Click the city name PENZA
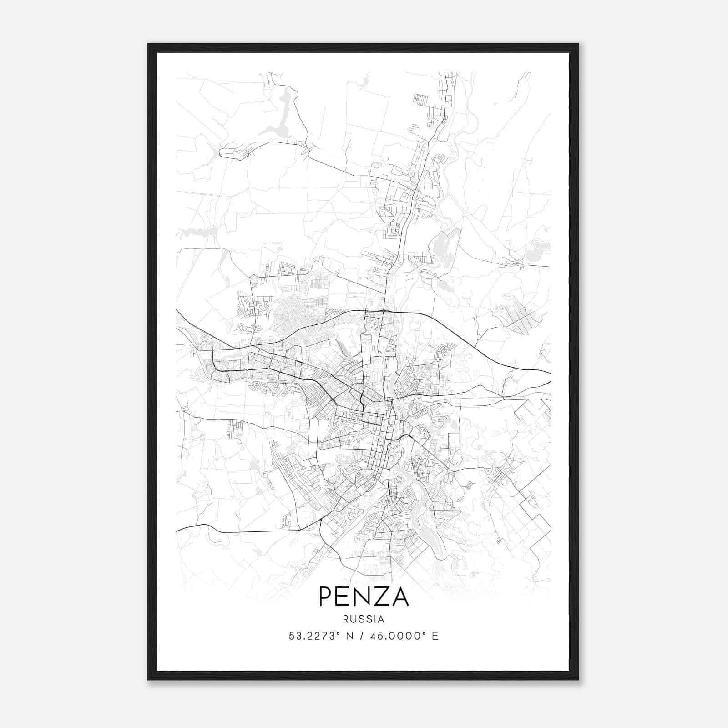(364, 597)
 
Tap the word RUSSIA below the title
(364, 619)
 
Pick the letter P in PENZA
(326, 597)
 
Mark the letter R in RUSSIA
(346, 619)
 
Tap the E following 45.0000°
(435, 636)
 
